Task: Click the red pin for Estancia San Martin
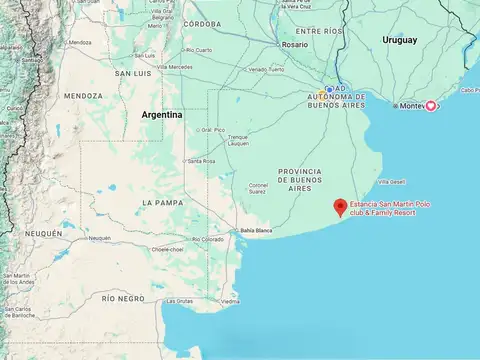pos(340,206)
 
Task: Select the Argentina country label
pos(161,115)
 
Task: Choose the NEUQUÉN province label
pos(43,233)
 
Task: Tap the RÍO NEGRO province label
pos(123,298)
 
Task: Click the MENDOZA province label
pos(83,96)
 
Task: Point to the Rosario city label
pos(295,45)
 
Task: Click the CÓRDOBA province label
pos(202,23)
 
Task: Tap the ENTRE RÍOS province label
pos(320,31)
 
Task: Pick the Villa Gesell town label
pos(391,182)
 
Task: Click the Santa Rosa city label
pos(201,161)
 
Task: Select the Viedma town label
pos(230,300)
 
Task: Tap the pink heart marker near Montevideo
pos(431,105)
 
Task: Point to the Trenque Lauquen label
pos(238,140)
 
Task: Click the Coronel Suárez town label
pos(259,187)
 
